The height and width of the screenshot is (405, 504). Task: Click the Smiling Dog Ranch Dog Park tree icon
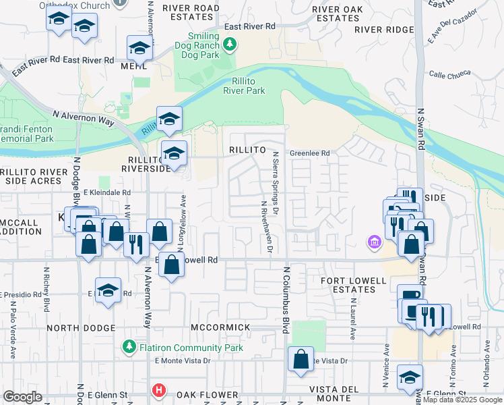(230, 44)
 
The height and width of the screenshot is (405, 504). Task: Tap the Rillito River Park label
(243, 86)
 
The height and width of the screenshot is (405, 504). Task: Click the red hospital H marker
(159, 389)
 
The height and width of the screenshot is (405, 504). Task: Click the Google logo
(23, 397)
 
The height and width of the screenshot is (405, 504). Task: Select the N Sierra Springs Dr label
(276, 180)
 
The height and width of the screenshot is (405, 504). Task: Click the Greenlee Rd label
(309, 153)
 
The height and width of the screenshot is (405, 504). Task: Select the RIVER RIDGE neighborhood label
(383, 30)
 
